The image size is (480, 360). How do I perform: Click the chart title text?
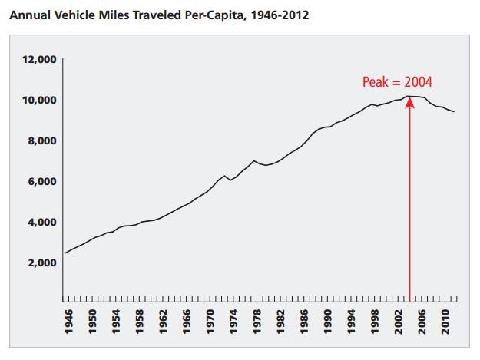tap(159, 15)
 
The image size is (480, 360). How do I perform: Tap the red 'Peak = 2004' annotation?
tap(397, 82)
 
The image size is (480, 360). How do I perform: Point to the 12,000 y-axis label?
tap(39, 59)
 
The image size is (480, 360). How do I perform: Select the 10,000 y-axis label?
tap(39, 100)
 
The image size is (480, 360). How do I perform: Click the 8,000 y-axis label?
tap(42, 140)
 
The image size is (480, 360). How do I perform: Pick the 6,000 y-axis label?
tap(42, 181)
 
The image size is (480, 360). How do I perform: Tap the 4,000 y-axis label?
tap(42, 222)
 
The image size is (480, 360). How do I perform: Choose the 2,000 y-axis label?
tap(42, 263)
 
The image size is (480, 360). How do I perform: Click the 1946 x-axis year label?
tap(69, 322)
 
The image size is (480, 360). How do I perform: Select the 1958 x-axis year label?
tap(139, 322)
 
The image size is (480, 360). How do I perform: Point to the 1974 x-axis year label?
tap(233, 322)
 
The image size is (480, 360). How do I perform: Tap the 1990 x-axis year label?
tap(327, 322)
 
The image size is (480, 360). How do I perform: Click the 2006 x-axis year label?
tap(422, 322)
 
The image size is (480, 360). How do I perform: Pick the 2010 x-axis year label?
tap(445, 322)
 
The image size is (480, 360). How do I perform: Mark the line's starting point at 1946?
tap(66, 253)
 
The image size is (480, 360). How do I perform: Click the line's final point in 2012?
tap(454, 111)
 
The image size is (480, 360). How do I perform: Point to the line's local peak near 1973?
tap(224, 176)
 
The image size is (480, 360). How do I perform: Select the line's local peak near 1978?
tap(253, 160)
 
